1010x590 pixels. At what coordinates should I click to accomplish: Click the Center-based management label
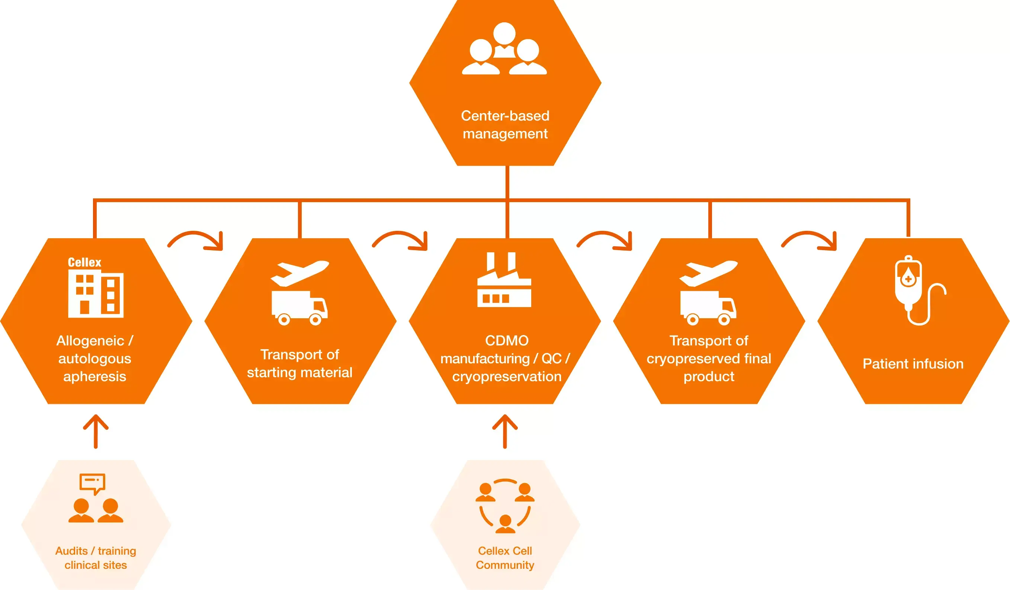coord(505,125)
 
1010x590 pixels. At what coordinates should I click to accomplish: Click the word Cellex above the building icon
coord(84,262)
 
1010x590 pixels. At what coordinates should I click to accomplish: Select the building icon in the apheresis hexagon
coord(96,294)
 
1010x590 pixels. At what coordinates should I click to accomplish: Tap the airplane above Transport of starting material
coord(300,273)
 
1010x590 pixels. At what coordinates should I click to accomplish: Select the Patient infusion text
coord(913,364)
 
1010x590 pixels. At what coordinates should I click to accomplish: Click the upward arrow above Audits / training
coord(96,431)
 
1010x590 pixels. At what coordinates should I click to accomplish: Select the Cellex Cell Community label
coord(505,558)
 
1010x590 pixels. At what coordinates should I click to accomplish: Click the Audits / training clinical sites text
coord(96,558)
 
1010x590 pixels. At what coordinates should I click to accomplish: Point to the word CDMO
coord(507,341)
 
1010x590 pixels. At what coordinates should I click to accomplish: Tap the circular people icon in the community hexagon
coord(505,506)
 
